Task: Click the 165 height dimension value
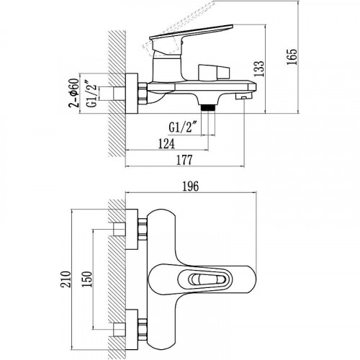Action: pos(292,57)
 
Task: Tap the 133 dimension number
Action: pos(259,68)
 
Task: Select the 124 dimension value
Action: pos(166,144)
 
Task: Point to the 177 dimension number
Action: pos(184,160)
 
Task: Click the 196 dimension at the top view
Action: pos(191,186)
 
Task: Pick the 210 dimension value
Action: pos(66,279)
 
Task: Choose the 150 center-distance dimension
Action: pos(86,279)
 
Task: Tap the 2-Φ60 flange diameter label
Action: pos(73,93)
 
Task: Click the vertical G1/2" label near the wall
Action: pos(92,95)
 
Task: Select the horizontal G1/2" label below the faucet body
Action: pos(181,127)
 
